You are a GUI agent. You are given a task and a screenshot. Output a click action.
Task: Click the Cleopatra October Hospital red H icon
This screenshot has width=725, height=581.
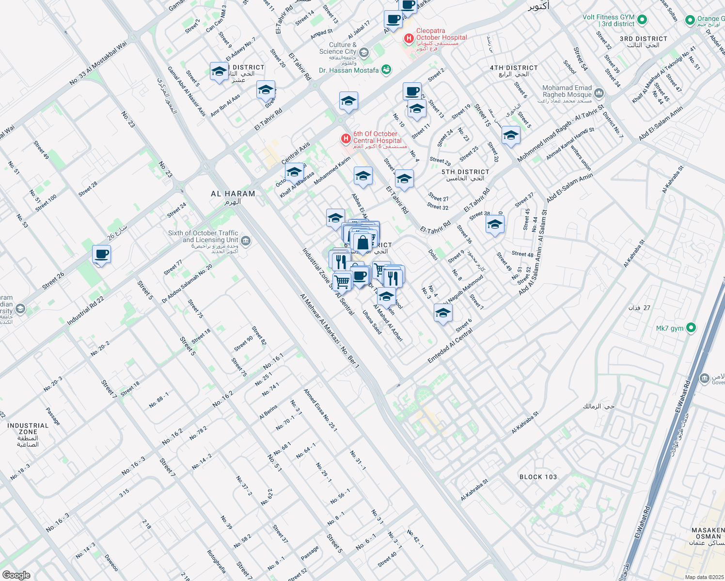pos(409,38)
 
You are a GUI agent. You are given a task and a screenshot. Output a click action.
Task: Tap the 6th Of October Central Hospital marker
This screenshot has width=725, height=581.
pos(346,139)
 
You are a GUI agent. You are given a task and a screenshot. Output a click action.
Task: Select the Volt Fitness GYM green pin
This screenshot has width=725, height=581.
pos(642,20)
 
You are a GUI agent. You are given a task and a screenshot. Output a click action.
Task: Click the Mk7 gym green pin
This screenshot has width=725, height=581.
pos(691,328)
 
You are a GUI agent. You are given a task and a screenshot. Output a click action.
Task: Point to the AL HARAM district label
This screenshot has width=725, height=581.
pos(233,194)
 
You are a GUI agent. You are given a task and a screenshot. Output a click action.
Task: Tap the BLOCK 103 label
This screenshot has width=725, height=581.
pos(538,477)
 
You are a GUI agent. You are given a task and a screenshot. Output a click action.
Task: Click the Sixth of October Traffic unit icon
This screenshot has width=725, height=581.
pos(245,240)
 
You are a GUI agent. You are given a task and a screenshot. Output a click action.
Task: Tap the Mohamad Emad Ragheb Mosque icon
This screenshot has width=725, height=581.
pos(599,92)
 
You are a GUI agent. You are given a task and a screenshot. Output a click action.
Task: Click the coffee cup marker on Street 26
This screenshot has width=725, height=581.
pos(102,254)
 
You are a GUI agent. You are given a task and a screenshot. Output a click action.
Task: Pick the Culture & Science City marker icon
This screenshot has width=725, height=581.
pos(364,52)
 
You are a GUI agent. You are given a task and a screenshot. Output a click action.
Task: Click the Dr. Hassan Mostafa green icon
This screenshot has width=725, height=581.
pos(386,70)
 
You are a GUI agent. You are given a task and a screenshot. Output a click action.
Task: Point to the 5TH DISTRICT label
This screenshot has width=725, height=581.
pos(465,172)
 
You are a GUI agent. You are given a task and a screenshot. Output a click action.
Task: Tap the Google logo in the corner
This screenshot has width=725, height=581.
pos(16,575)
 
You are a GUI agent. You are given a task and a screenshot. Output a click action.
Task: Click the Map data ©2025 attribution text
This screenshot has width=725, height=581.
pos(704,577)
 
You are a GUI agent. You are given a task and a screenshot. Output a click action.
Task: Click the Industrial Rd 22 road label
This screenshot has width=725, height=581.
pos(85,310)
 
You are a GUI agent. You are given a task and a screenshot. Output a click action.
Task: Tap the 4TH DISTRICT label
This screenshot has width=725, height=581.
pos(513,68)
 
